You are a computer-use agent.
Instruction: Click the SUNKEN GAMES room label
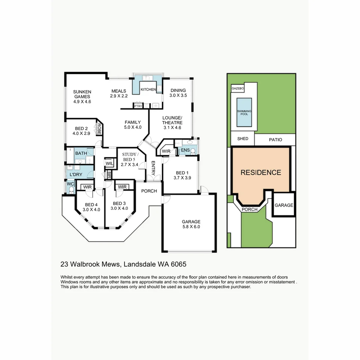point(82,97)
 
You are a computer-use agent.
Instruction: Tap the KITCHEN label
point(148,90)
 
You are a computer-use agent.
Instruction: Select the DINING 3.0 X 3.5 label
point(178,93)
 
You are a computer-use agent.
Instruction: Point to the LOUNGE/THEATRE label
point(172,122)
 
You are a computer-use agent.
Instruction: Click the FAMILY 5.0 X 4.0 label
point(133,124)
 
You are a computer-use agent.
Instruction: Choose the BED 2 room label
point(81,131)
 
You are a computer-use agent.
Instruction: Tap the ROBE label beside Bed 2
point(99,129)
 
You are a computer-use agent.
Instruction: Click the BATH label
point(81,153)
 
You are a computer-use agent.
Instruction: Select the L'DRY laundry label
point(76,174)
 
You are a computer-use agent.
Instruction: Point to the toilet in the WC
point(71,190)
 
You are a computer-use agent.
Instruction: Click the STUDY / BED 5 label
point(129,159)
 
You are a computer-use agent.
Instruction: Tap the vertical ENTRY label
point(153,168)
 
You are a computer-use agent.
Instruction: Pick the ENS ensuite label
point(185,150)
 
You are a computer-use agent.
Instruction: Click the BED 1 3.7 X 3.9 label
point(182,175)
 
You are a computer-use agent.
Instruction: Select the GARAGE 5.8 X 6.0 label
point(191,224)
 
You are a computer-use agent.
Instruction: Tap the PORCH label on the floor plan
point(149,191)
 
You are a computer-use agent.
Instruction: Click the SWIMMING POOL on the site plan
point(244,112)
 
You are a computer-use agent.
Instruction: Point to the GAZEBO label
point(238,88)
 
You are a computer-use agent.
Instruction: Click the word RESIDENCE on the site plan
point(261,172)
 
